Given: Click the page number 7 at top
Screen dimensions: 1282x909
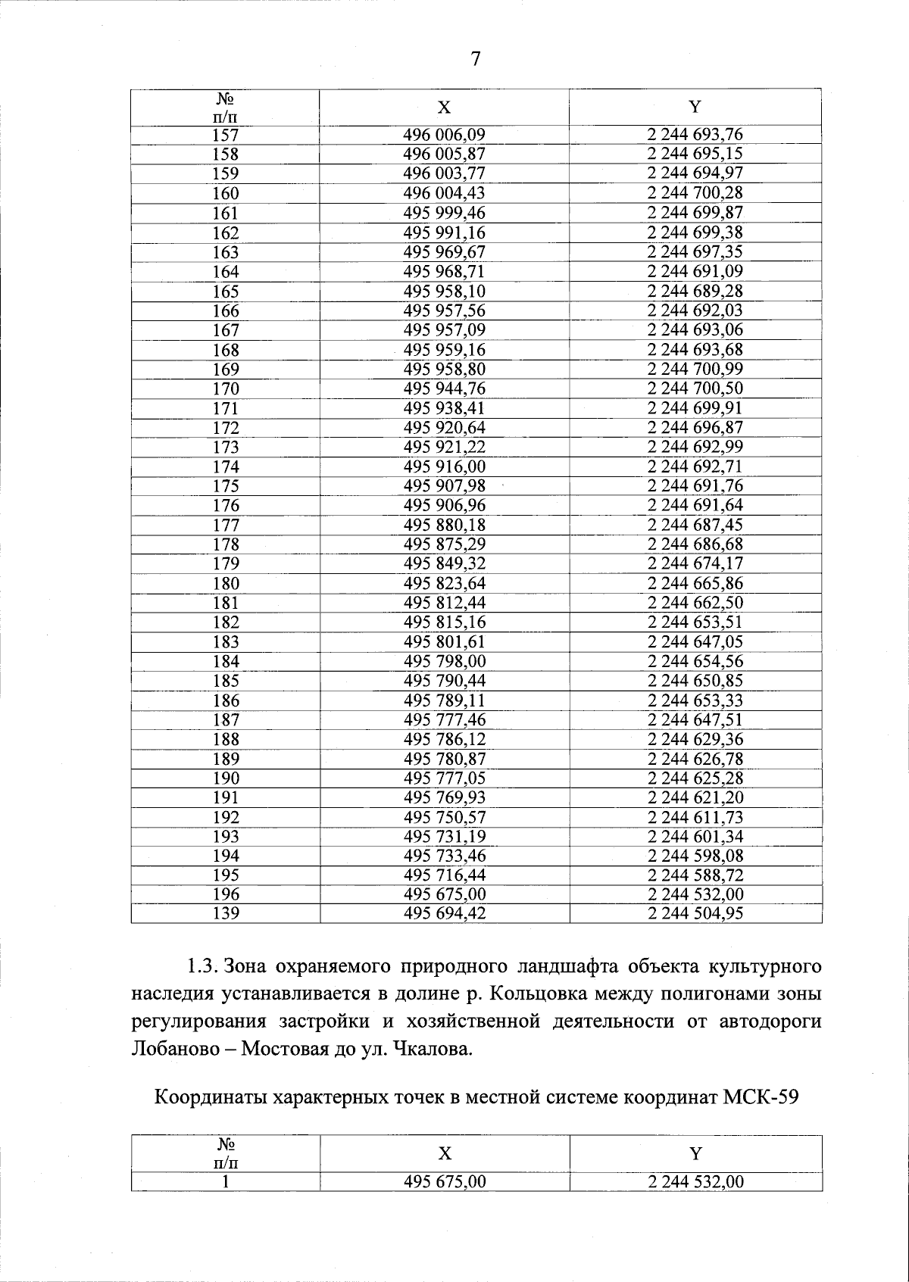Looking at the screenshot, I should tap(476, 59).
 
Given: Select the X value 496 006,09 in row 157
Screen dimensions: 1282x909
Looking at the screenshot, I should tap(444, 135).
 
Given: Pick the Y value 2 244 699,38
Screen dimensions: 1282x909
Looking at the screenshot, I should tap(695, 232).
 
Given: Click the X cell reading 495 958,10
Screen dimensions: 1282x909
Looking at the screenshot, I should tap(444, 292).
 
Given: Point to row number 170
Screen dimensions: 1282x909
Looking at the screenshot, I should tap(226, 389).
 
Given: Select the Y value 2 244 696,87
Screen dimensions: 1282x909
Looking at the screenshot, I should tap(695, 428).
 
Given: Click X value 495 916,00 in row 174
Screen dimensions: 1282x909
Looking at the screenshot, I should tap(444, 467).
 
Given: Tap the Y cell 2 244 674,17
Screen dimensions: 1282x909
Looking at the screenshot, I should tap(695, 563).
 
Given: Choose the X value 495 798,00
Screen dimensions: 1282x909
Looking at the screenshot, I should tap(444, 661).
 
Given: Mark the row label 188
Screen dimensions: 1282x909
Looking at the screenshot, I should tap(226, 740).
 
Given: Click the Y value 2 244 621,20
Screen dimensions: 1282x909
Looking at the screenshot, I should tap(695, 797).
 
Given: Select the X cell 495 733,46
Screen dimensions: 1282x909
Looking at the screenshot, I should tap(444, 856).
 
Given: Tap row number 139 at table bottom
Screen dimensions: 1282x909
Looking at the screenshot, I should tap(226, 914).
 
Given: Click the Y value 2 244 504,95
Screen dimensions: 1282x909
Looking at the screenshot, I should tap(695, 914).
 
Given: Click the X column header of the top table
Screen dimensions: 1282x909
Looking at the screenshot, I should tap(444, 108).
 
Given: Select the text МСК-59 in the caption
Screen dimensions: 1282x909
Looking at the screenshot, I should tap(760, 1097).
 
